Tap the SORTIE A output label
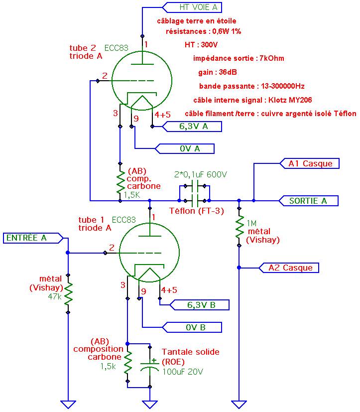[309, 201]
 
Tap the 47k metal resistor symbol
[68, 293]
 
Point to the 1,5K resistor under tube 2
[120, 182]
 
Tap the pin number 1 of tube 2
[146, 45]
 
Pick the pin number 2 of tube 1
[112, 248]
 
